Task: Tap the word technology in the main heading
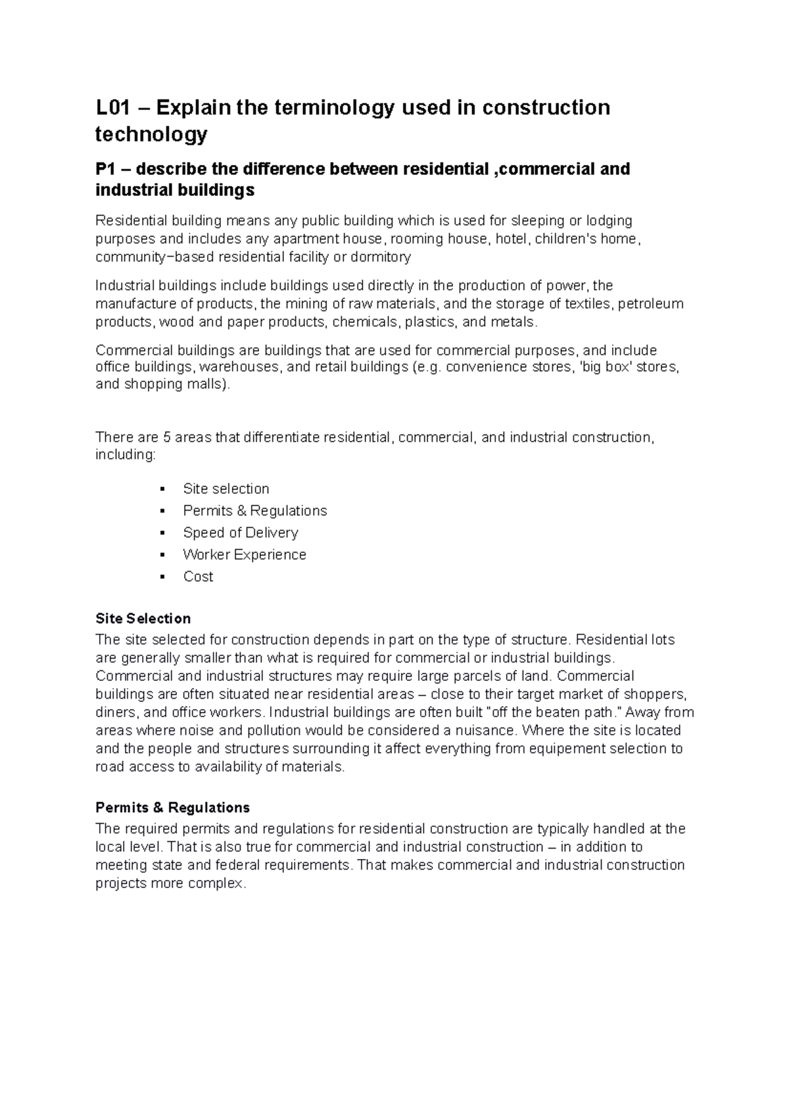click(x=151, y=134)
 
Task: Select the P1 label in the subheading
click(x=106, y=170)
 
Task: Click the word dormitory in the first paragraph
click(x=381, y=257)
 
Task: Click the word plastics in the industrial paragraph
click(x=429, y=322)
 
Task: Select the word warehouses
click(x=239, y=367)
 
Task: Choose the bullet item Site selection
click(x=226, y=489)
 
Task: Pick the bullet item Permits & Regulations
click(x=254, y=511)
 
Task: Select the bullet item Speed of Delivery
click(x=240, y=533)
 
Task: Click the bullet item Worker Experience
click(x=244, y=555)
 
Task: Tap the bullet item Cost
click(x=198, y=576)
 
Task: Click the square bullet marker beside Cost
click(x=161, y=577)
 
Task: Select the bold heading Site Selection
click(x=143, y=618)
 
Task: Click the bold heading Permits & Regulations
click(x=172, y=807)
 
